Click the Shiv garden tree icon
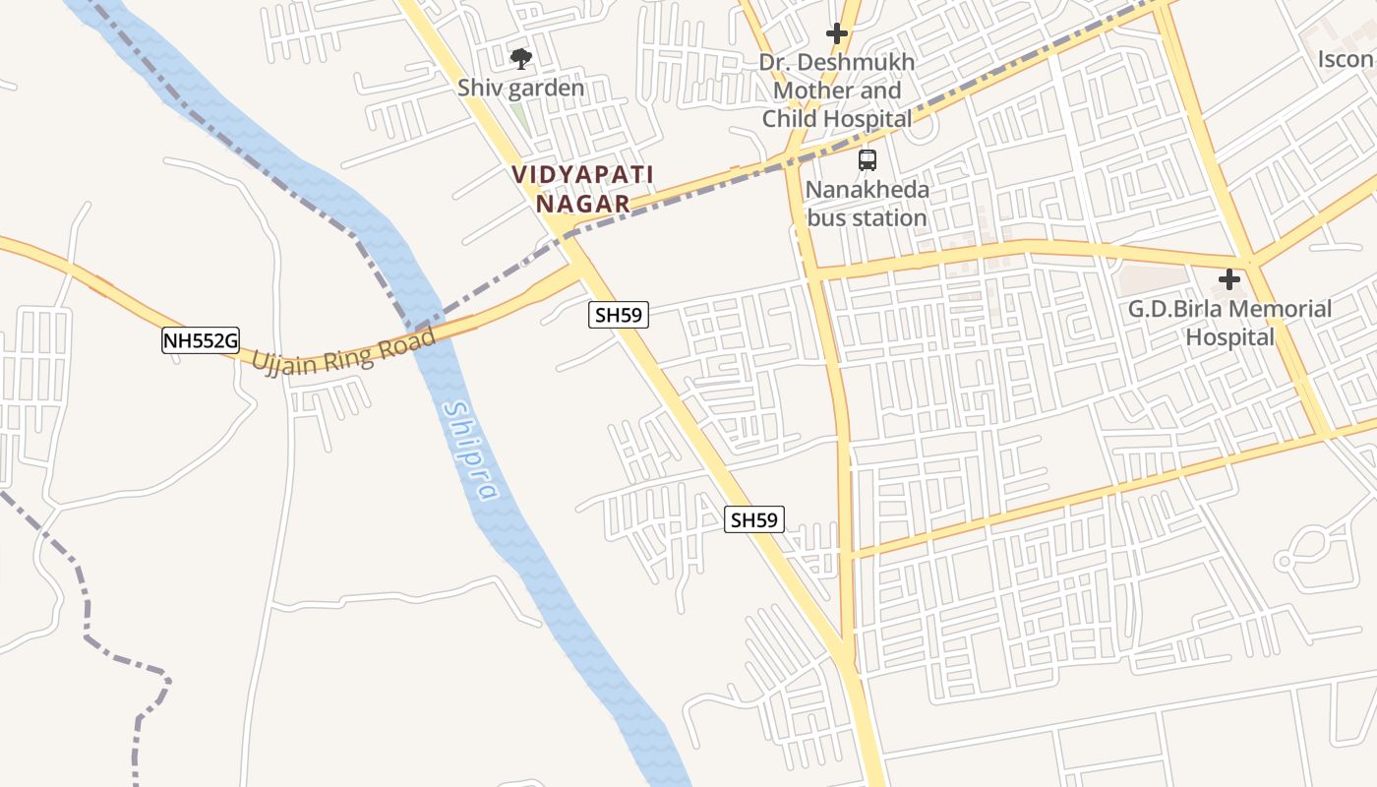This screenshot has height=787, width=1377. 520,59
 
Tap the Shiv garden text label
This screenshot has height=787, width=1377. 520,88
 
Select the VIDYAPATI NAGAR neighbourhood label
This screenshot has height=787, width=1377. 582,189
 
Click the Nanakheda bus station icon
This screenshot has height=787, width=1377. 867,160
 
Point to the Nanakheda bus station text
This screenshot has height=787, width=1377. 867,203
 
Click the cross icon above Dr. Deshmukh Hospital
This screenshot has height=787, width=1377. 836,33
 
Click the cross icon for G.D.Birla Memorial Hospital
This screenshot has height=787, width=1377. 1228,280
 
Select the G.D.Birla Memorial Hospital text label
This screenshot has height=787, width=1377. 1229,323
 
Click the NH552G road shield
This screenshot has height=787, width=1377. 201,341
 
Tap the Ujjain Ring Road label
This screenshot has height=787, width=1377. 343,351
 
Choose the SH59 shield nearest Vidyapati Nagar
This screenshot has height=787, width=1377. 619,315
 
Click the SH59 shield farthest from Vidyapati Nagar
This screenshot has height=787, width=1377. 754,519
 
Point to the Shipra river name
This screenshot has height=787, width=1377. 471,451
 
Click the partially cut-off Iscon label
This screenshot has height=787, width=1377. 1347,59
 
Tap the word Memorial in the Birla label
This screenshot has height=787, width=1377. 1274,309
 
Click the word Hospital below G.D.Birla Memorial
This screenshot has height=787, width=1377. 1229,337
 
